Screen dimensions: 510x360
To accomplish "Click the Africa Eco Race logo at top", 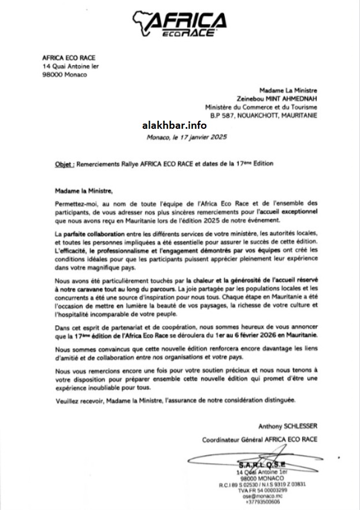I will (180, 24).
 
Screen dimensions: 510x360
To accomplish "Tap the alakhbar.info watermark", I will (174, 124).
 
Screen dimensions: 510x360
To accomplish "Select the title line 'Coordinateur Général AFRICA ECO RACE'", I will (259, 440).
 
